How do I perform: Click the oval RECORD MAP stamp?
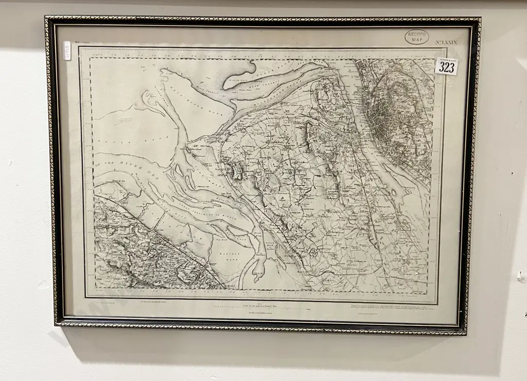coord(416,37)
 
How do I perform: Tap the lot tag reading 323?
coord(446,67)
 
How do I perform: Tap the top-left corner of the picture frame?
coord(46,18)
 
